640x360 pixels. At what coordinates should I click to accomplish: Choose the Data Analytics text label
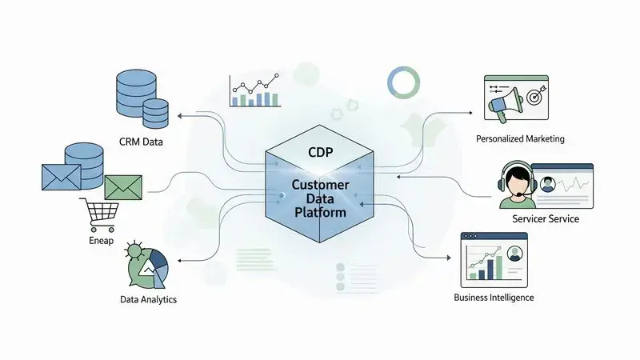pos(145,299)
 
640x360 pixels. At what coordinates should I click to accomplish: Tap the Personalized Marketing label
pos(520,138)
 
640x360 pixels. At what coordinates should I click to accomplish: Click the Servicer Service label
pos(545,218)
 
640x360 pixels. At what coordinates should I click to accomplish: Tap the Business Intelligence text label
pos(493,298)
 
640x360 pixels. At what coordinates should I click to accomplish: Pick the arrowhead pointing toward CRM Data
pos(179,115)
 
